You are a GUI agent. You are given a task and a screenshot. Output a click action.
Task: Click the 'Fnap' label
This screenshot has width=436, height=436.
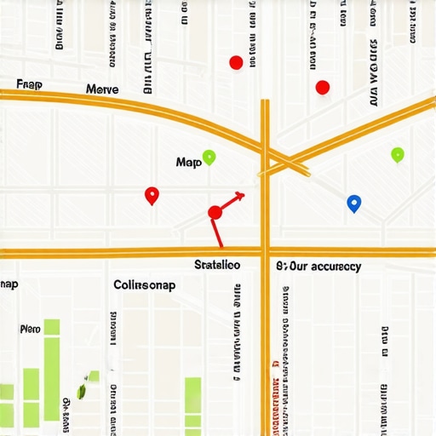click(29, 84)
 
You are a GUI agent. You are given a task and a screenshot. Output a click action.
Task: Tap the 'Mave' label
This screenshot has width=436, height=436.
click(102, 89)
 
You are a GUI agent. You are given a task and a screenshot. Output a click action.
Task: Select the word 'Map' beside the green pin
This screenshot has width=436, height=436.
click(188, 162)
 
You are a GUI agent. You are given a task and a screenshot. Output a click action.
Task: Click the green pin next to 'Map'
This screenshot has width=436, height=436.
click(209, 158)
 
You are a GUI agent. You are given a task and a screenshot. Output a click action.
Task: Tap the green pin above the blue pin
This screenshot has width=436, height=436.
click(397, 154)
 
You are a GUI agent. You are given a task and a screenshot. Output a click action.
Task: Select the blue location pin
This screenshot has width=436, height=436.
click(354, 203)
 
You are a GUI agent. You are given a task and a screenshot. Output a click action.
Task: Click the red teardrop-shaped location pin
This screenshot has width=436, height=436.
click(152, 195)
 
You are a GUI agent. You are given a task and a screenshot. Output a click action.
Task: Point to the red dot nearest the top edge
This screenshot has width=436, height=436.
click(237, 62)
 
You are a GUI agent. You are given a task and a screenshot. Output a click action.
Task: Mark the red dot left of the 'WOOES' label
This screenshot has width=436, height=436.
click(322, 87)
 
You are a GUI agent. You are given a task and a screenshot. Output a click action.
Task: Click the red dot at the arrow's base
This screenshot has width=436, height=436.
click(215, 212)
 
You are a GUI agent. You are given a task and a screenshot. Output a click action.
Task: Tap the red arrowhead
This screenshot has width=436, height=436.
click(240, 198)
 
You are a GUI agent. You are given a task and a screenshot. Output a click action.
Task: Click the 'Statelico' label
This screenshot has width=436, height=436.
click(217, 265)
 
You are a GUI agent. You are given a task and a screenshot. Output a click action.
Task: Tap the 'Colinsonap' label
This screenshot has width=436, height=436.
click(144, 285)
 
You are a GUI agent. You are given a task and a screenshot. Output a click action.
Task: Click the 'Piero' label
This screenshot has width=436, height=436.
click(30, 329)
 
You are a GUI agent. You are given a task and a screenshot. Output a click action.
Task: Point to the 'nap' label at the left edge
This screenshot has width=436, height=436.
click(9, 284)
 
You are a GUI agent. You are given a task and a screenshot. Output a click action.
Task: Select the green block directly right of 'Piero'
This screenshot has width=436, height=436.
click(52, 328)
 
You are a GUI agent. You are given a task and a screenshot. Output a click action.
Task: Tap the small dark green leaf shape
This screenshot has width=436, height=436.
click(83, 391)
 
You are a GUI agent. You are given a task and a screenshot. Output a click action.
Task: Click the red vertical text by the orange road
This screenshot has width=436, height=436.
click(274, 400)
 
